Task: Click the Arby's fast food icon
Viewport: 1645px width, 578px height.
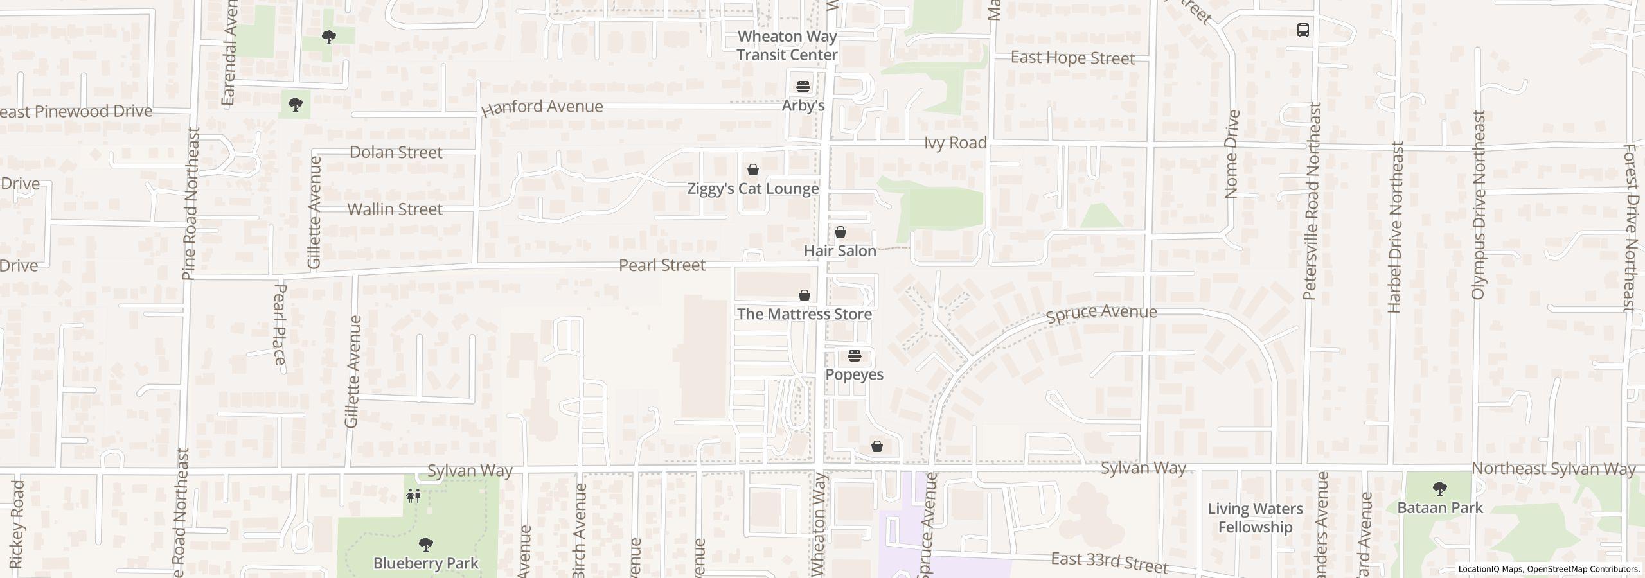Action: (x=803, y=86)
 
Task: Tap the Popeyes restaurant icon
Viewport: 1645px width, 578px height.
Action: (x=854, y=356)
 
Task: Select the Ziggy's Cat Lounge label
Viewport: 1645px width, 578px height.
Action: (x=752, y=189)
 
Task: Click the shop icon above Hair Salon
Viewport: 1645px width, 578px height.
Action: (x=840, y=232)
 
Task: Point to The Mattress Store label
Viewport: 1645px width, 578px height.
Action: (x=804, y=314)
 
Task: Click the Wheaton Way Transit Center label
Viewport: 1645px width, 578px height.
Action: (x=787, y=46)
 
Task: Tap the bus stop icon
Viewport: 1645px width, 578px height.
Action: (x=1303, y=30)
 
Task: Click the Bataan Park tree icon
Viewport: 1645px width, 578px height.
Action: (x=1439, y=489)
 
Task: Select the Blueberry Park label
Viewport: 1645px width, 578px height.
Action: (x=425, y=563)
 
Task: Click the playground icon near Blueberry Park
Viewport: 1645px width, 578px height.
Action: (x=414, y=495)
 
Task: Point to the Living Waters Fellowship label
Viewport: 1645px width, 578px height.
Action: (x=1254, y=518)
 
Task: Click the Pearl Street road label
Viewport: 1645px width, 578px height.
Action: (x=662, y=265)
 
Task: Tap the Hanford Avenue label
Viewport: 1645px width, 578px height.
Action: (x=542, y=107)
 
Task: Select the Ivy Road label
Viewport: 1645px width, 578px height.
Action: (x=955, y=143)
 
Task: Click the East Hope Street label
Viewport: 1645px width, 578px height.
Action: (x=1072, y=58)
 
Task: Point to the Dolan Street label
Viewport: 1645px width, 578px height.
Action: (x=396, y=152)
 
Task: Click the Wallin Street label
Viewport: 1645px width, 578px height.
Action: (x=395, y=209)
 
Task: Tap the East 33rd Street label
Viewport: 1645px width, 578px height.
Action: (x=1109, y=562)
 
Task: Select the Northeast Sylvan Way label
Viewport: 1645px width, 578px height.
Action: (x=1552, y=469)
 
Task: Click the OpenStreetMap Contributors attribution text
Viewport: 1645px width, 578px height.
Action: (x=1583, y=569)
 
